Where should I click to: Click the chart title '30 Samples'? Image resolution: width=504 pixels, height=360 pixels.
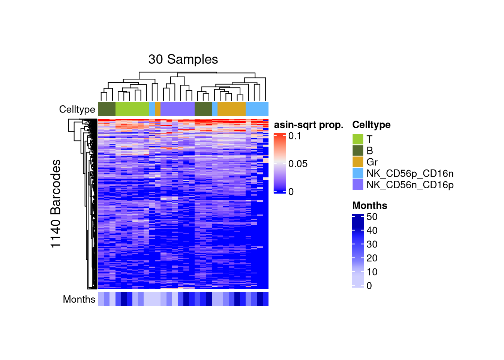tap(183, 59)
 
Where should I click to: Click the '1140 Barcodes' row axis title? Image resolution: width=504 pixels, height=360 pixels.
tap(55, 204)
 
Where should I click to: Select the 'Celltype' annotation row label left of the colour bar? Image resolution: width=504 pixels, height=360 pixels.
tap(77, 109)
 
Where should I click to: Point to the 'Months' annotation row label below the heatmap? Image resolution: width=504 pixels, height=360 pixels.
tap(79, 299)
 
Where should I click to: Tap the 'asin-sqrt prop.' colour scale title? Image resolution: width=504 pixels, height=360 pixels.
tap(309, 125)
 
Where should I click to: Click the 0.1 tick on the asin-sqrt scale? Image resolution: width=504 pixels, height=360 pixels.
tap(295, 136)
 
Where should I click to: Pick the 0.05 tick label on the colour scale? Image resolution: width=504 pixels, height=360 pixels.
tap(298, 164)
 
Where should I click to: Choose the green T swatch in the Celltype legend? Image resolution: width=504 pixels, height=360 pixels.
tap(358, 139)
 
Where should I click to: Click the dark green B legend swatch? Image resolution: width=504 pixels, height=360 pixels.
tap(358, 150)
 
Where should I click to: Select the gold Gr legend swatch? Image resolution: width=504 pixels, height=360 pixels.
tap(358, 162)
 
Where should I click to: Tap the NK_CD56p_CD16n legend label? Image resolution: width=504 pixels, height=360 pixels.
tap(410, 173)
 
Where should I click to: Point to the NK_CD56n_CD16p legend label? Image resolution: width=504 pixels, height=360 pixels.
tap(410, 185)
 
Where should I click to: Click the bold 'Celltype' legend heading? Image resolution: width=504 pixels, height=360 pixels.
tap(371, 125)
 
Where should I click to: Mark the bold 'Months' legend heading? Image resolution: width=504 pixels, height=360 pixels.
tap(370, 205)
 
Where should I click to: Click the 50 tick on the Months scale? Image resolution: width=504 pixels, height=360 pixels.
tap(372, 217)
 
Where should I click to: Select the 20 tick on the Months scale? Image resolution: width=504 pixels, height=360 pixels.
tap(372, 258)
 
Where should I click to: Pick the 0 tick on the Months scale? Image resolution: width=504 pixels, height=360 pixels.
tap(369, 286)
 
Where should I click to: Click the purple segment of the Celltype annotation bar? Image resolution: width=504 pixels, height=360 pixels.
tap(177, 109)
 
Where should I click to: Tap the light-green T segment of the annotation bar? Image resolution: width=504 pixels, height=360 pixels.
tap(132, 109)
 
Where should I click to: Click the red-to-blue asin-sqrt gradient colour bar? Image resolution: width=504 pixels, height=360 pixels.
tap(280, 163)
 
